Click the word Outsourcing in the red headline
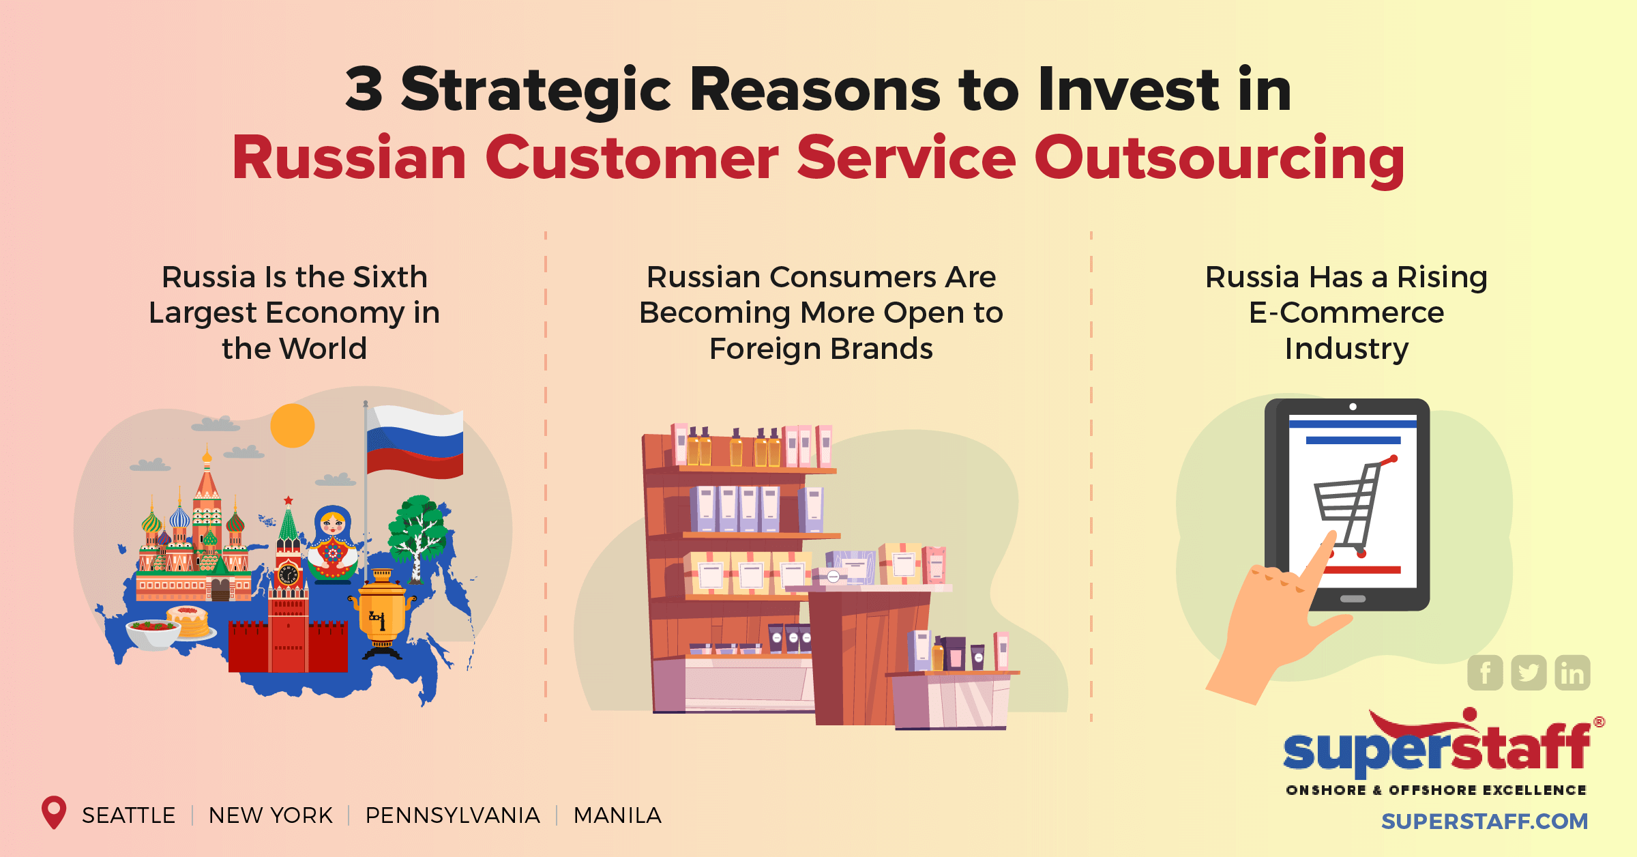point(1219,159)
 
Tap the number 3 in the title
point(364,89)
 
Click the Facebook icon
point(1485,673)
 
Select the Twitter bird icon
point(1529,673)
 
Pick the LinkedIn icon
point(1572,673)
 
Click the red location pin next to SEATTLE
point(54,812)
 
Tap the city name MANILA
point(617,815)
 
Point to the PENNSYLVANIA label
point(452,815)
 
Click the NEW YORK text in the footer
point(270,815)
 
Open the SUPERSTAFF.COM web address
point(1484,821)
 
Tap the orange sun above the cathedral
point(292,426)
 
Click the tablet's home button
point(1353,599)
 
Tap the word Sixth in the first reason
point(390,278)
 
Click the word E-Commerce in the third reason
point(1346,313)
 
